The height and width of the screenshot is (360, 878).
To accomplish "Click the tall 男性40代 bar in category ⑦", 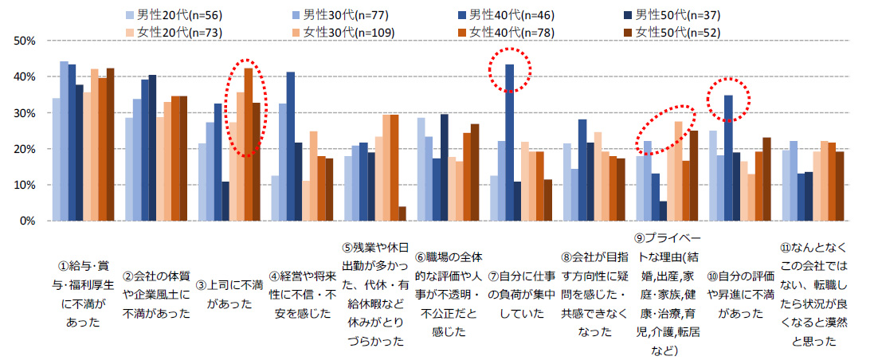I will coord(509,143).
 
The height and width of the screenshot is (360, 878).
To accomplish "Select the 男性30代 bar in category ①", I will coord(64,141).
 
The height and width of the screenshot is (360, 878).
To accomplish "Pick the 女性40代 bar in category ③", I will coord(248,144).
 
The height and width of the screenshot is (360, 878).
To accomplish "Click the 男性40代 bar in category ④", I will coord(290,147).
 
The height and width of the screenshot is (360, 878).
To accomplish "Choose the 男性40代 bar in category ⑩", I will coord(728,158).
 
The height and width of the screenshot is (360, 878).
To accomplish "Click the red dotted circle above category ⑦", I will coord(508,72).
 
